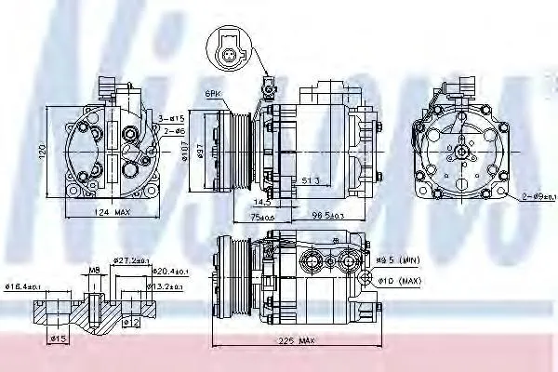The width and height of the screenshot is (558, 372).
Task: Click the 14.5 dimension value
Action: [262, 201]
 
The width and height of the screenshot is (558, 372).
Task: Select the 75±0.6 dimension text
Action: [263, 218]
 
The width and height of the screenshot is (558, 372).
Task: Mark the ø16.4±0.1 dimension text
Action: [26, 286]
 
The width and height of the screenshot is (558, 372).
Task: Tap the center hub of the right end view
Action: [460, 150]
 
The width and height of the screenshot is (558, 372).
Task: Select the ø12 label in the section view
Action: [131, 322]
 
